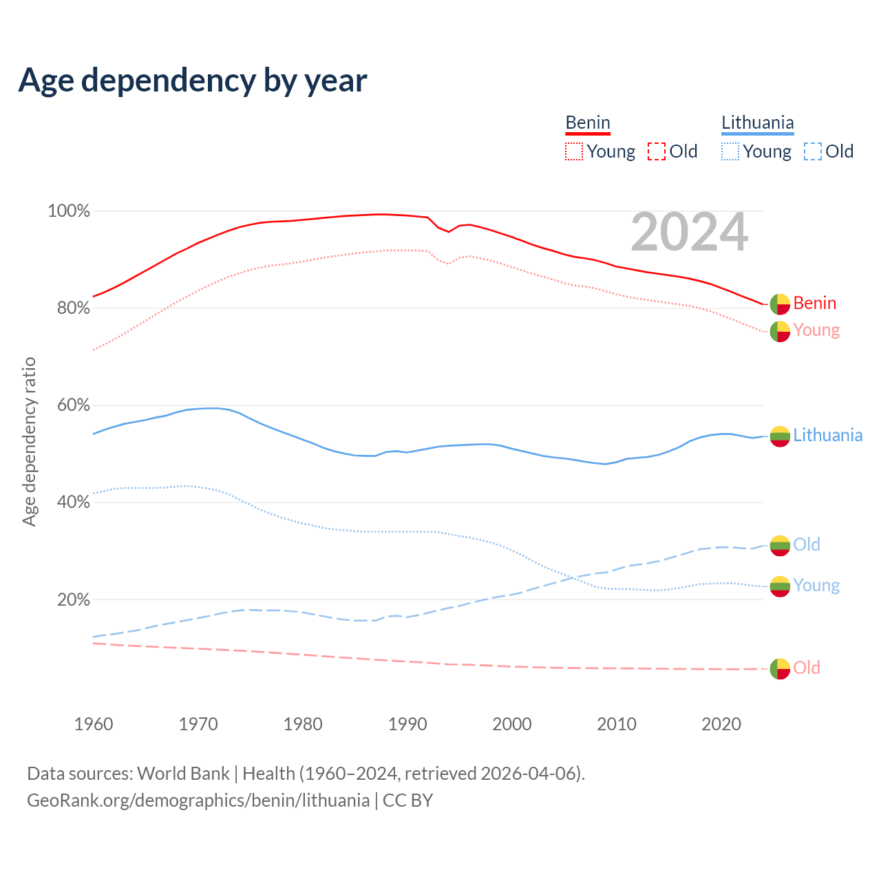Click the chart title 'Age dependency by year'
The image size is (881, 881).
[193, 81]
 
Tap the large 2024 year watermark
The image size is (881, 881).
[689, 233]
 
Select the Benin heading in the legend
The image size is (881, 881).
[588, 123]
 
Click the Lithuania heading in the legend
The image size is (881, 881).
[757, 123]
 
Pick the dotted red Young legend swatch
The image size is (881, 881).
[574, 151]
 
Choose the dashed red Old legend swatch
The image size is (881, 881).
[657, 151]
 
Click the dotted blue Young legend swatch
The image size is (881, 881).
[730, 151]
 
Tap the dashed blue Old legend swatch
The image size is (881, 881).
[813, 151]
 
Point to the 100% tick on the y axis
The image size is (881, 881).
[69, 211]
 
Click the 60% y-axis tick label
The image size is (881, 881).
[73, 405]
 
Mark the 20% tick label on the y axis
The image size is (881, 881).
[73, 600]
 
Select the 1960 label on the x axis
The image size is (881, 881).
[94, 724]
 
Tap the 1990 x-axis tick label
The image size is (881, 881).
[407, 724]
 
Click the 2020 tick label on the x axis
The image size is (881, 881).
[721, 724]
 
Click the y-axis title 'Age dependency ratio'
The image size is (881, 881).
[29, 441]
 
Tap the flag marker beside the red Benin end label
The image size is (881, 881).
[780, 304]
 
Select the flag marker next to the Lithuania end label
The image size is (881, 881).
[780, 436]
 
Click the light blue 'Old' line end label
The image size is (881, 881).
[807, 545]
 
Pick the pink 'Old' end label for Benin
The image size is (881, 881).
[807, 668]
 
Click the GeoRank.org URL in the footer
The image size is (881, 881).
[198, 800]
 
